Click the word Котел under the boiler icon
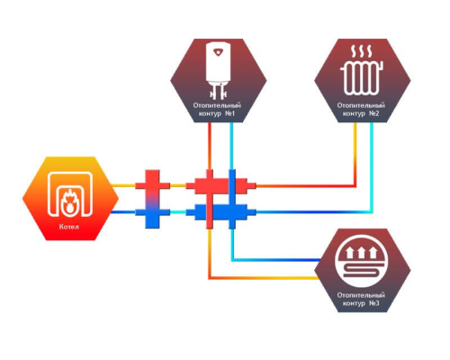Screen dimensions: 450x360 tap(69, 227)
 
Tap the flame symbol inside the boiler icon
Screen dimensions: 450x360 tap(69, 201)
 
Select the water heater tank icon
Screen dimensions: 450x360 tap(219, 71)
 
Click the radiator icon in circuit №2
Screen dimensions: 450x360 tap(362, 77)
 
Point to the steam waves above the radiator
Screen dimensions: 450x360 tap(362, 51)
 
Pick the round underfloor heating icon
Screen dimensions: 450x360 tap(362, 262)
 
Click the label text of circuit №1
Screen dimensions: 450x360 tap(217, 110)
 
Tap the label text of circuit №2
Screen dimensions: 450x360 tap(361, 110)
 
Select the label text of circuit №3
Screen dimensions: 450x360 tap(361, 299)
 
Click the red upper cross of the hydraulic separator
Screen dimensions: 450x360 tap(152, 184)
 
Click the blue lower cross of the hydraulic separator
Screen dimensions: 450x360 tap(152, 213)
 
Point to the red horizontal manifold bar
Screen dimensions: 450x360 tap(221, 185)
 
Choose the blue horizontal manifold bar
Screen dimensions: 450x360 tap(221, 212)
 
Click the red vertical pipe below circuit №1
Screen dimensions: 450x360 tap(210, 146)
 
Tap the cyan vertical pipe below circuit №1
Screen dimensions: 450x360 tap(231, 146)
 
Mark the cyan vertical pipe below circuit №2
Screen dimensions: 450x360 tap(372, 167)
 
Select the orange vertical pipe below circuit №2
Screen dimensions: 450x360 tap(355, 154)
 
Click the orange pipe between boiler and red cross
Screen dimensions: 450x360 tap(123, 185)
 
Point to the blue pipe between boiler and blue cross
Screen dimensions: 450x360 tap(123, 212)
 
